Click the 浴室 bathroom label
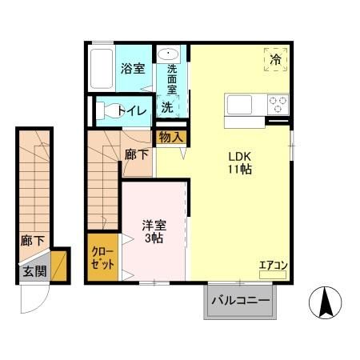point(132,69)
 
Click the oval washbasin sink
point(169,54)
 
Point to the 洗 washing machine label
point(167,106)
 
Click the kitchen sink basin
point(240,105)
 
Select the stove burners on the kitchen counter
point(277,105)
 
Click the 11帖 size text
point(241,170)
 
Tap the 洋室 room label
point(154,226)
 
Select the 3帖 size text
point(154,239)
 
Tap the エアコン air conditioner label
point(272,265)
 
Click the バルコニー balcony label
point(241,302)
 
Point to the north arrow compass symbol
point(326,302)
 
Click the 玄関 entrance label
point(34,271)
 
